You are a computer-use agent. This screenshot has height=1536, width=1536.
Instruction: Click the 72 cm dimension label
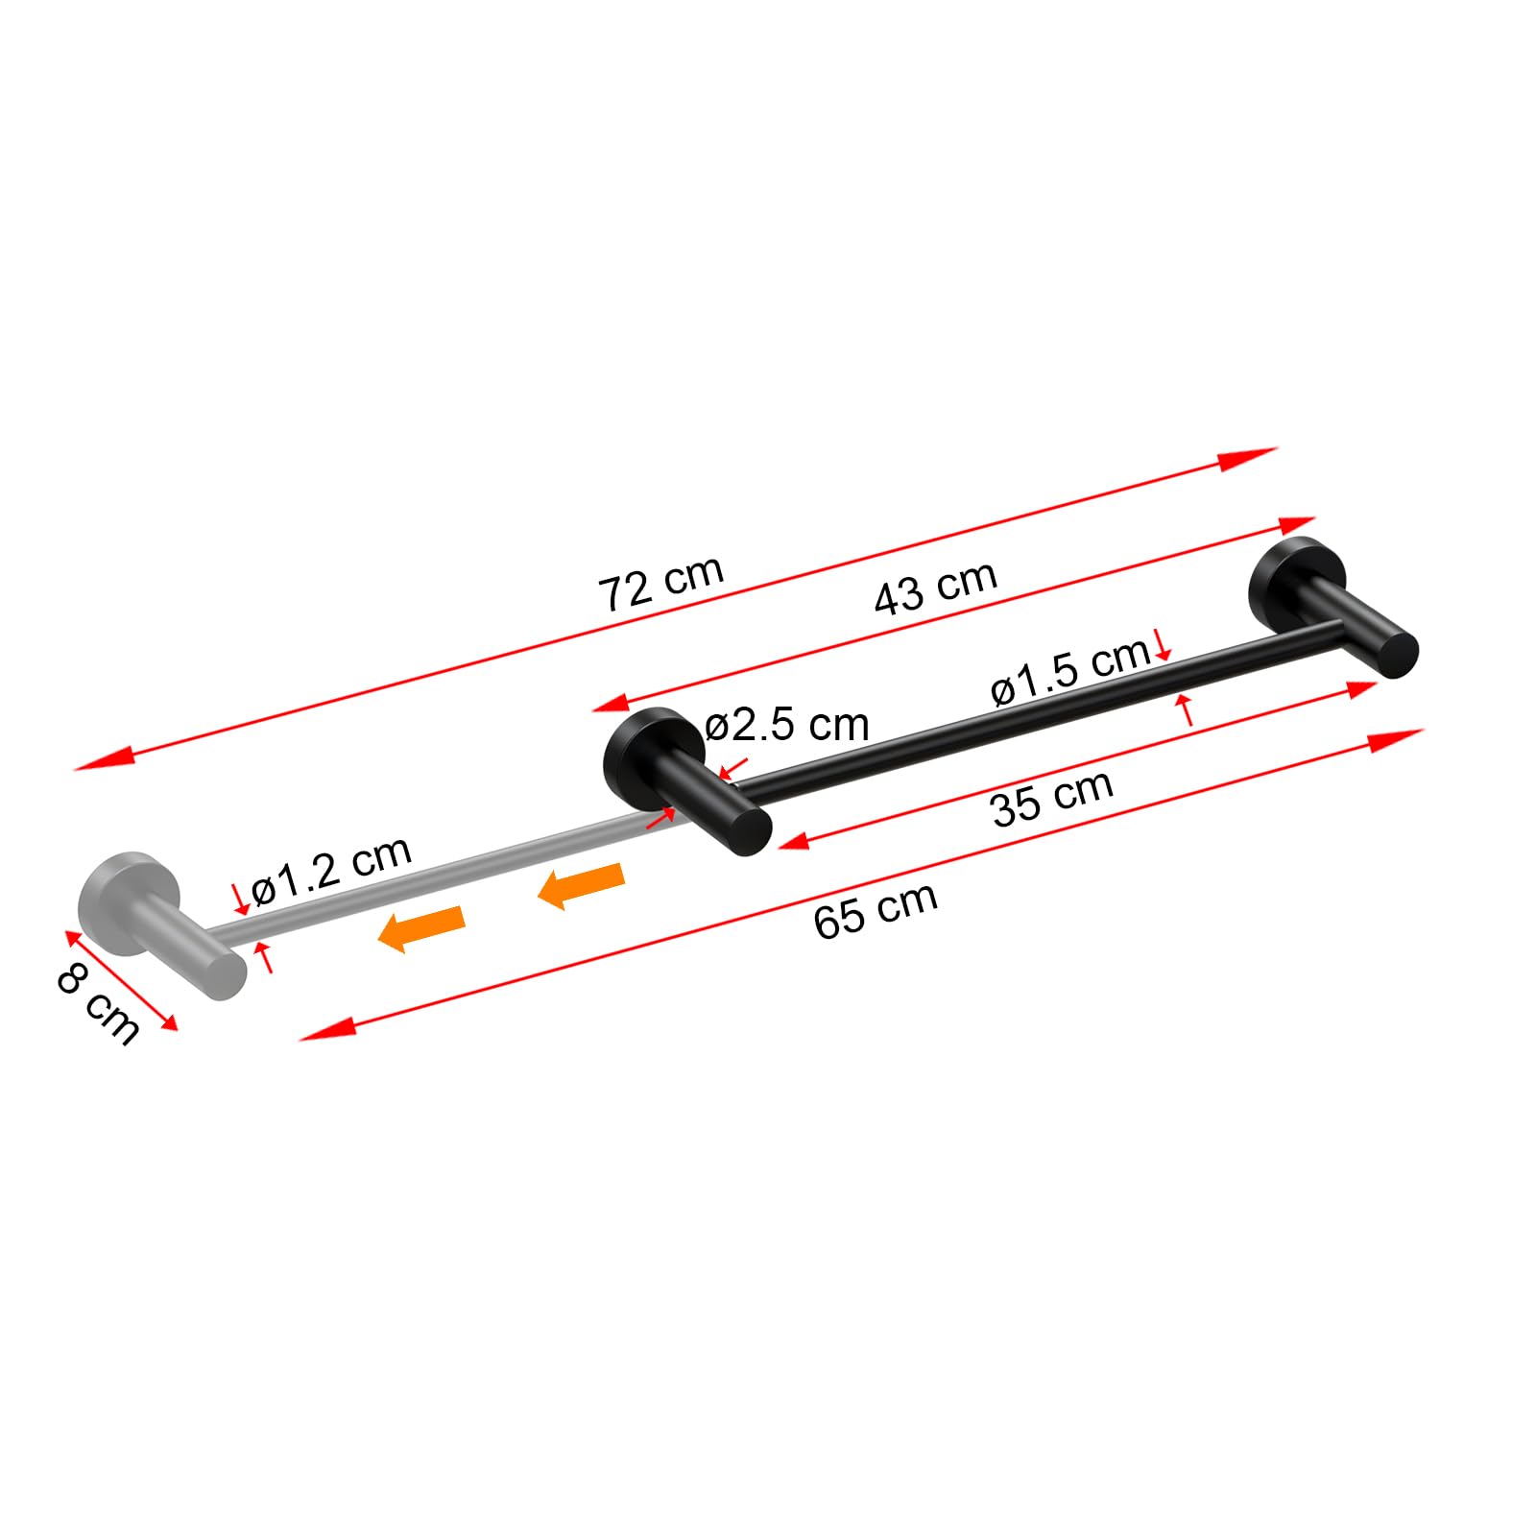click(x=661, y=583)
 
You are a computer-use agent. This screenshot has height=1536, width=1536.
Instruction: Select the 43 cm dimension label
click(x=936, y=587)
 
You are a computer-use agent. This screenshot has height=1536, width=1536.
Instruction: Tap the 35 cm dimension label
click(x=1052, y=799)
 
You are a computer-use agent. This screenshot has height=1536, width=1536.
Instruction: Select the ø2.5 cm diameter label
click(x=787, y=725)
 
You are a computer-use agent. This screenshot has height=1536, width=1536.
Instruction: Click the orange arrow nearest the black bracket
click(x=582, y=885)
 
